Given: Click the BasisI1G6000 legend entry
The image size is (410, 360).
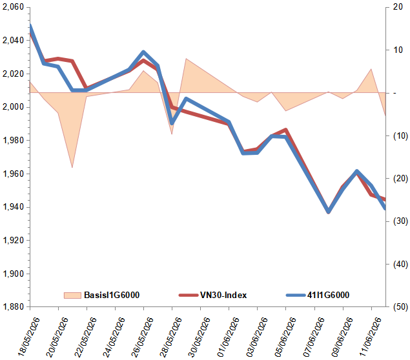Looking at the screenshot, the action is click(112, 295).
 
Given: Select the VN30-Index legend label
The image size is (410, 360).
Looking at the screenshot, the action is click(223, 295).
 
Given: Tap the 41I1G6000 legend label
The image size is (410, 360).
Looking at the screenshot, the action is click(328, 295).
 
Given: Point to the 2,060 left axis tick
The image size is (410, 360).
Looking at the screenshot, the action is click(13, 7).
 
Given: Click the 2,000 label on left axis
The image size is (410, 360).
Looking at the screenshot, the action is click(13, 107).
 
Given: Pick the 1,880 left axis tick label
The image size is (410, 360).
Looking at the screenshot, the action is click(13, 306).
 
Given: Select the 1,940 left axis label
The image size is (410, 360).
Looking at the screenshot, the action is click(13, 206).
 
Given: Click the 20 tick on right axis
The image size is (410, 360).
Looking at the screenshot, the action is click(398, 7).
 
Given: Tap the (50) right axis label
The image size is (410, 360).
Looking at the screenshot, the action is click(400, 306).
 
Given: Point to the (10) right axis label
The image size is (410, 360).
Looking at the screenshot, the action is click(400, 135).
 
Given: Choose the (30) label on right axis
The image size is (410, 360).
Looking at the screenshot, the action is click(400, 221).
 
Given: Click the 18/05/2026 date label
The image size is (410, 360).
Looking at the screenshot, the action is click(29, 337).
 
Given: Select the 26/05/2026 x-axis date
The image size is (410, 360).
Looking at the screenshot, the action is click(142, 337).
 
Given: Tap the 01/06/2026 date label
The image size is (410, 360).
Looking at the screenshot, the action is click(228, 337).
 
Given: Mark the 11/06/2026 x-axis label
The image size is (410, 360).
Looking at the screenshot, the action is click(370, 337).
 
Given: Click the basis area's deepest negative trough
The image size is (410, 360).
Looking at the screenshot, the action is click(72, 167).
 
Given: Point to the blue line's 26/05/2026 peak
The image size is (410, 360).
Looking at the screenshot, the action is click(143, 52).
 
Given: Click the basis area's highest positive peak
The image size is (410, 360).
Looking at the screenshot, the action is click(186, 59).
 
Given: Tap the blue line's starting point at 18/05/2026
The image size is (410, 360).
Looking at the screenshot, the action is click(30, 26).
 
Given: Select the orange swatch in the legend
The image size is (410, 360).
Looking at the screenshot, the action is click(72, 295).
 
